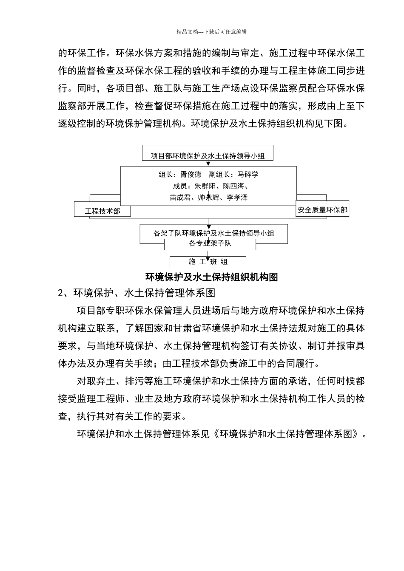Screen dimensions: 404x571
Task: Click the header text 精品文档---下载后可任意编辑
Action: (211, 31)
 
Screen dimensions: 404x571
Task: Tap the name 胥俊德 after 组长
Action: (191, 175)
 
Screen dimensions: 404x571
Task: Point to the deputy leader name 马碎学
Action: (248, 175)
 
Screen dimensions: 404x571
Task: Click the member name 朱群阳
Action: (205, 186)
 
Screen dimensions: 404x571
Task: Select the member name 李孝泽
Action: (237, 198)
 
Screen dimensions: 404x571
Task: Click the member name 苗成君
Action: (180, 198)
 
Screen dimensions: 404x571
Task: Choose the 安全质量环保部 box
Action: (322, 210)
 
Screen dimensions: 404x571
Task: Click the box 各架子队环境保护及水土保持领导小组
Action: (213, 233)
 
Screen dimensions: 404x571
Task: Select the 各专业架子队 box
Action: (210, 244)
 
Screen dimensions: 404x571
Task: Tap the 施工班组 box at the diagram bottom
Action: (208, 262)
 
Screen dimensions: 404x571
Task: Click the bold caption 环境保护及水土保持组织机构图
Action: (211, 277)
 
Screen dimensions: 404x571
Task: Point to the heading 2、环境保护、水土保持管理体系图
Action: (137, 293)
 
